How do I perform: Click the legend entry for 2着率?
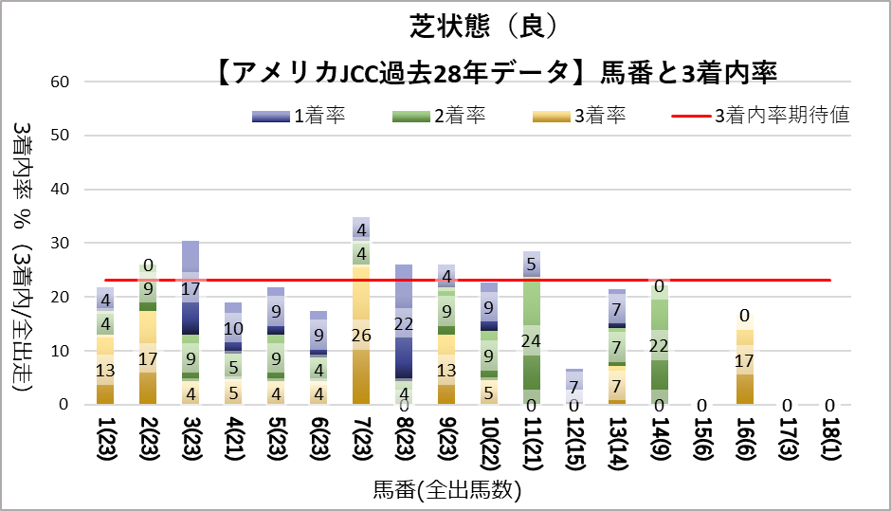tap(442, 116)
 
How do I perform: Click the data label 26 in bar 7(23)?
tap(361, 335)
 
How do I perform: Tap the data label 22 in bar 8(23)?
tap(405, 323)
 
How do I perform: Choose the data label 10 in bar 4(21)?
tap(234, 328)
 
